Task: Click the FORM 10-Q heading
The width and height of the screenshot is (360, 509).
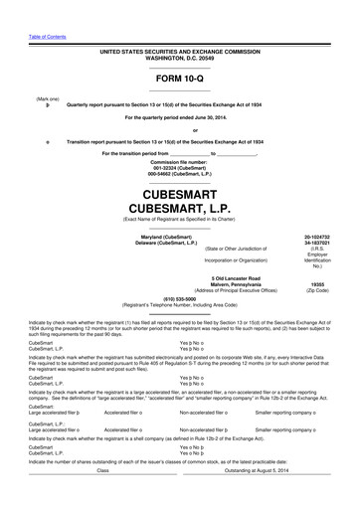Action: [x=179, y=77]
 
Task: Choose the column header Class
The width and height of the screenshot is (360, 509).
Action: [x=102, y=498]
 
